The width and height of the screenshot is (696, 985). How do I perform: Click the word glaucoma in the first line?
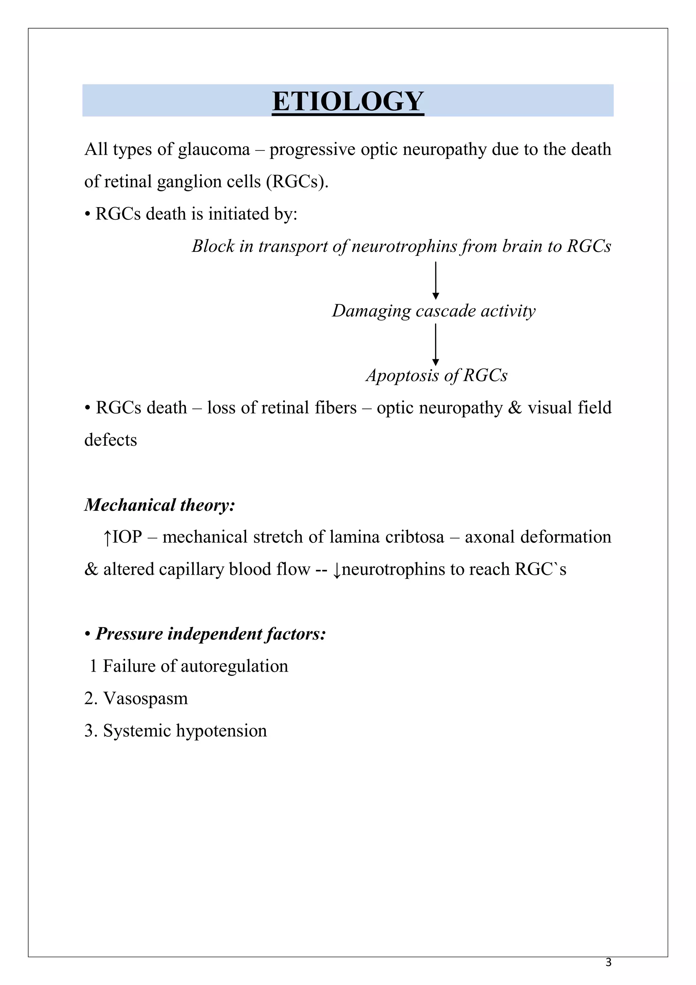pos(213,150)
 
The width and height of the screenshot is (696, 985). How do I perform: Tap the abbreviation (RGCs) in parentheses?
pos(297,182)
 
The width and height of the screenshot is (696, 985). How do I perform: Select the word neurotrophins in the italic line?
pos(404,246)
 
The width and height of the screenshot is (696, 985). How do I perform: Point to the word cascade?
pos(446,311)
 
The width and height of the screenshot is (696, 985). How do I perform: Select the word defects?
pos(110,440)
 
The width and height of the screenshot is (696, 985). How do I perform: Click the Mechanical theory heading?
pos(159,505)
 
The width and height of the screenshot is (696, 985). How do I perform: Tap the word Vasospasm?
pos(145,699)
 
